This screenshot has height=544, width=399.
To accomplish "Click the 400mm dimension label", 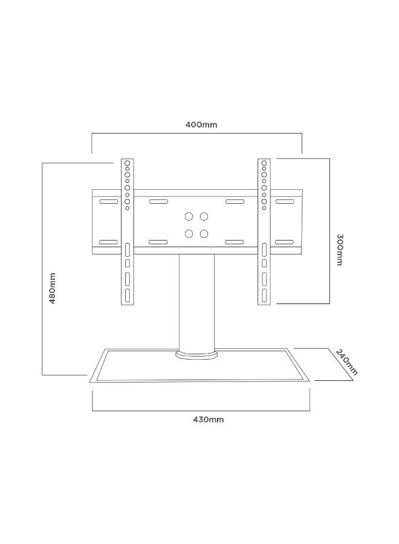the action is click(x=201, y=125).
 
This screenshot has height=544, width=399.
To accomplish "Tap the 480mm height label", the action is click(x=52, y=288).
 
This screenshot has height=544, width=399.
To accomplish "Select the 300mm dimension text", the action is click(x=340, y=250).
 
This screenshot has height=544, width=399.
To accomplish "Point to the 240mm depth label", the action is click(x=346, y=362).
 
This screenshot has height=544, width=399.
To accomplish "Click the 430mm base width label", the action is click(x=208, y=419).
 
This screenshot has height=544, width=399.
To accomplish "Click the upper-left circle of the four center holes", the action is click(x=189, y=216).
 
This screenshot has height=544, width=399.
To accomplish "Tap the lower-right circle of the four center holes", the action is click(x=204, y=234).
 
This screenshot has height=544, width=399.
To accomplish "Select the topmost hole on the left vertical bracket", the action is click(x=128, y=163).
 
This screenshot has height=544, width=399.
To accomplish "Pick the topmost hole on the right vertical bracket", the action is click(x=264, y=163).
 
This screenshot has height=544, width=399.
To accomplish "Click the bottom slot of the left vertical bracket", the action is click(x=128, y=295).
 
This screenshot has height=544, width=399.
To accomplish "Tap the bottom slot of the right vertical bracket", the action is click(x=264, y=295).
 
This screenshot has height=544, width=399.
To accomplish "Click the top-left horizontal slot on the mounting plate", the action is click(x=109, y=201).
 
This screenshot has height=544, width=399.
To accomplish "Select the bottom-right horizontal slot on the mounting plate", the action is click(x=285, y=242).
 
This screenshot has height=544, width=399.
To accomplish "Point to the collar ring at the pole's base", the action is click(x=196, y=355).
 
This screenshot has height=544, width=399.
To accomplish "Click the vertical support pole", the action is click(x=196, y=302).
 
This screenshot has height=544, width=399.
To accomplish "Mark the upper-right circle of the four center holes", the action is click(x=204, y=216).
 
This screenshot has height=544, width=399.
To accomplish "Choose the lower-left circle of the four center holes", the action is click(x=189, y=234).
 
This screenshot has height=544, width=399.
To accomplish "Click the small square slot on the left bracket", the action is click(x=128, y=264).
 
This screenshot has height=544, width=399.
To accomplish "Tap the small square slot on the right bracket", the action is click(x=264, y=264).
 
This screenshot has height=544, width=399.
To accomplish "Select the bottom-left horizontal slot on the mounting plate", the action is click(x=109, y=242).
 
